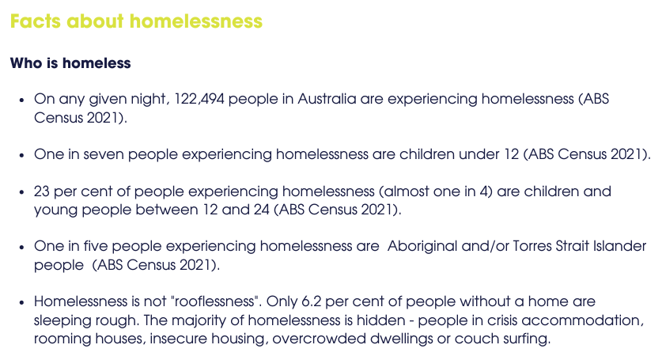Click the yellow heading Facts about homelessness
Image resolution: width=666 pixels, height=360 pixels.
point(136,21)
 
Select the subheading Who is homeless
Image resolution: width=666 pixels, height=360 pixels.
point(70,63)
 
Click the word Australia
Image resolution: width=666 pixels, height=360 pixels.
point(327,99)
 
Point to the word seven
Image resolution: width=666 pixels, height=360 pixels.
point(104,154)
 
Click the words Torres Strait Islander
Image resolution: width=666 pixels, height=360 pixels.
point(579,246)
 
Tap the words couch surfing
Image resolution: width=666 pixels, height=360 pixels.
point(502,339)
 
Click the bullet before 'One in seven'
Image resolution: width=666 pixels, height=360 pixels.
point(21,155)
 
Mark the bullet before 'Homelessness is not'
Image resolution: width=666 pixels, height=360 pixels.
point(21,302)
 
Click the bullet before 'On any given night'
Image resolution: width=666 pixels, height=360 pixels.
point(21,100)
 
